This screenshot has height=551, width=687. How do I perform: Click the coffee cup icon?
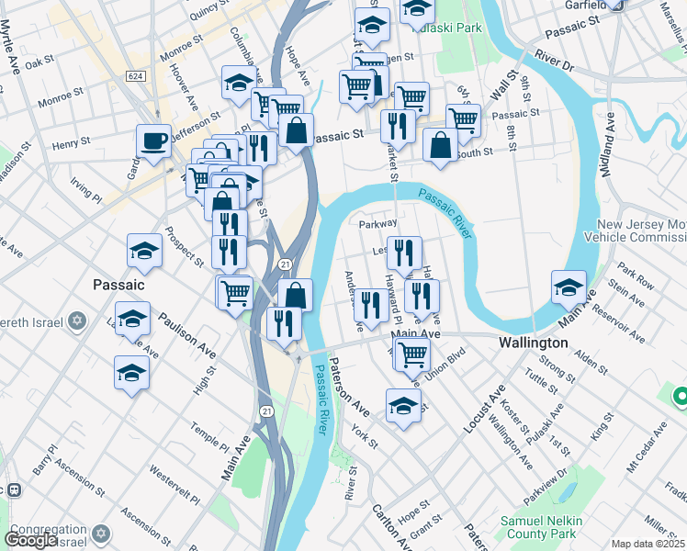click(x=153, y=141)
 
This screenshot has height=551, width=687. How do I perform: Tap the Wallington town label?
click(x=533, y=342)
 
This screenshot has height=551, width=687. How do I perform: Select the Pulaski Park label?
click(x=448, y=28)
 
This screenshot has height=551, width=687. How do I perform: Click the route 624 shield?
click(x=136, y=75)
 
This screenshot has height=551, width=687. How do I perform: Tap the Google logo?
click(x=30, y=540)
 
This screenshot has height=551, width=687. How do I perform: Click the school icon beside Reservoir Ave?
click(x=569, y=287)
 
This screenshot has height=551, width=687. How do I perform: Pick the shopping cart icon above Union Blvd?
click(x=412, y=352)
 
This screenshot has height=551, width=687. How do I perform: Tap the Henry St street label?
click(x=71, y=143)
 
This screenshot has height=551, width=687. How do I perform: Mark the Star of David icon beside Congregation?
click(x=102, y=533)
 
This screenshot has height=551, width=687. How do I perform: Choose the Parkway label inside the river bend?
click(x=377, y=223)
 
